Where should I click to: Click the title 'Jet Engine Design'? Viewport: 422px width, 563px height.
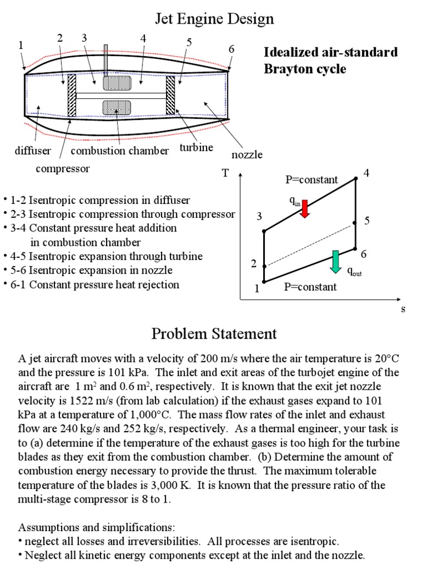[214, 20]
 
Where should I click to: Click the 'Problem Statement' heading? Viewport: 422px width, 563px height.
[214, 333]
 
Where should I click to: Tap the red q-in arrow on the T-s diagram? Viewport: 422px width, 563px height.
[306, 208]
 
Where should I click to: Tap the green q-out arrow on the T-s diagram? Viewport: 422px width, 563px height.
[335, 261]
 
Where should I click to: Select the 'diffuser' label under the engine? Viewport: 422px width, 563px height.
[33, 151]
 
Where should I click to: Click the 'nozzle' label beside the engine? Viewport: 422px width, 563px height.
[247, 154]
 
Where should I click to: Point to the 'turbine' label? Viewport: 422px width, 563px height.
[196, 147]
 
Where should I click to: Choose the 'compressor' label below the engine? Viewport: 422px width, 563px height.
[62, 168]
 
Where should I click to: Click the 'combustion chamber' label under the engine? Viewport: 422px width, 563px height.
[120, 151]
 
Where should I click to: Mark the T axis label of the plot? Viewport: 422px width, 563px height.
[225, 174]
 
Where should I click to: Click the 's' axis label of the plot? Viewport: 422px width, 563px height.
[403, 309]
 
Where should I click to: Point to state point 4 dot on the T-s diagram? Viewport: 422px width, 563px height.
[356, 178]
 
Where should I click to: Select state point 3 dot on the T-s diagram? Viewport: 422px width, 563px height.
[264, 231]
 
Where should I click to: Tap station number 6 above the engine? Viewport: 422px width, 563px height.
[231, 49]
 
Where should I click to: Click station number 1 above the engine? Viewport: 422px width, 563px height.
[21, 45]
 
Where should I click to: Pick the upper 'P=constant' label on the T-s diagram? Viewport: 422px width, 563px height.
[311, 180]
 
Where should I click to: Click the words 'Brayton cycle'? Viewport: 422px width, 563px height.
[305, 69]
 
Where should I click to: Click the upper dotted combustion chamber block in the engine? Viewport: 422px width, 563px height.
[117, 82]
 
